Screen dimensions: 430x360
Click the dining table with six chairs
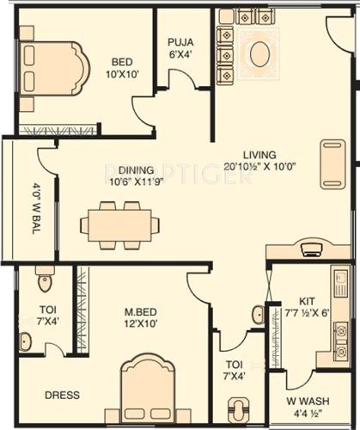120,225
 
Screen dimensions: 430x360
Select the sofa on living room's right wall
333,163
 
